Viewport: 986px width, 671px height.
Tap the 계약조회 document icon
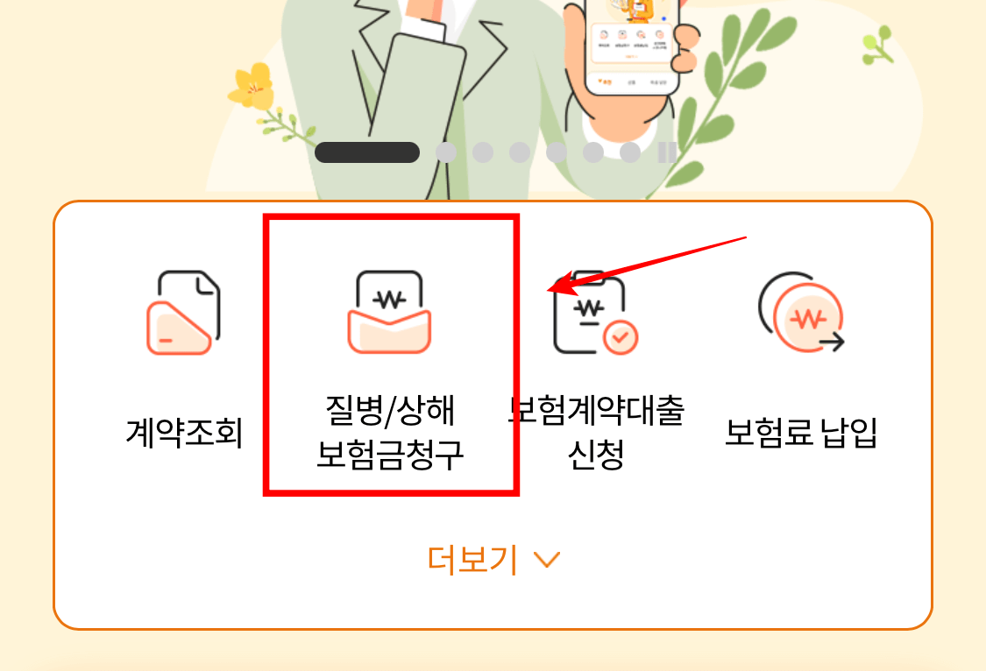(182, 313)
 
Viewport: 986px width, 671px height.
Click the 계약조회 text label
(183, 432)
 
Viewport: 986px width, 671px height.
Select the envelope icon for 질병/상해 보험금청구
(389, 313)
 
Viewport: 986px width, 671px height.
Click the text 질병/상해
(389, 410)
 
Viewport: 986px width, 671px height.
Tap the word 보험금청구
(389, 455)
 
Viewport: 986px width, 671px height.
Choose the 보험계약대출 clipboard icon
(589, 314)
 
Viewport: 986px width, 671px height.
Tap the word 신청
(596, 455)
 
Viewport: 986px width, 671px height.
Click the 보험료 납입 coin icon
(800, 313)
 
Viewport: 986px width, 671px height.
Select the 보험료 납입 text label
(801, 432)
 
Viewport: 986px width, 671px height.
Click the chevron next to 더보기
(546, 560)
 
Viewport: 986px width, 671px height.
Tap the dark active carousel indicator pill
(367, 152)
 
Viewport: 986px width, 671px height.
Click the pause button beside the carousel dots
(667, 152)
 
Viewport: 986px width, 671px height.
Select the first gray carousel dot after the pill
(446, 152)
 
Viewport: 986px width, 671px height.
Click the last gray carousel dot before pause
(630, 152)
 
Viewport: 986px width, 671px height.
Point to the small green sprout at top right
(876, 44)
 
